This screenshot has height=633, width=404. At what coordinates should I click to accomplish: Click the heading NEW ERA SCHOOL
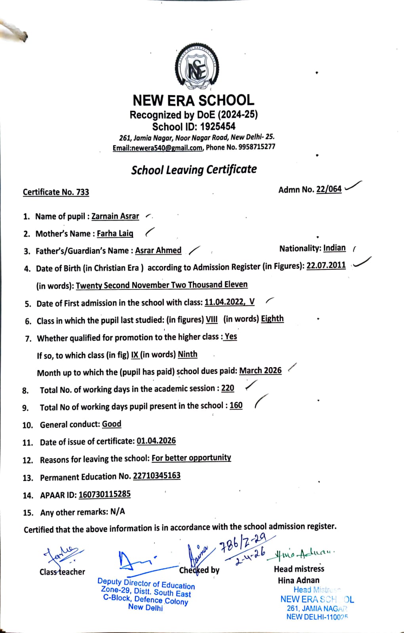pyautogui.click(x=193, y=100)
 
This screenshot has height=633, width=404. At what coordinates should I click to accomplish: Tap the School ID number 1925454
pyautogui.click(x=217, y=127)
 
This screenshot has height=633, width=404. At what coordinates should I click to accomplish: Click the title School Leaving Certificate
pyautogui.click(x=194, y=170)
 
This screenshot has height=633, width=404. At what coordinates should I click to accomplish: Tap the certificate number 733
pyautogui.click(x=83, y=192)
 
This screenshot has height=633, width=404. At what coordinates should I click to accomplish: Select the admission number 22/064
pyautogui.click(x=329, y=189)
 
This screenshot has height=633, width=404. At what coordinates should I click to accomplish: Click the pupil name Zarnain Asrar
pyautogui.click(x=115, y=216)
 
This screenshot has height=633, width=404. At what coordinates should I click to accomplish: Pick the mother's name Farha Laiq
pyautogui.click(x=115, y=233)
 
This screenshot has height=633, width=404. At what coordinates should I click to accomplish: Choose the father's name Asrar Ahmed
pyautogui.click(x=158, y=250)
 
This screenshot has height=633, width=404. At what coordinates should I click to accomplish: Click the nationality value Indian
pyautogui.click(x=334, y=248)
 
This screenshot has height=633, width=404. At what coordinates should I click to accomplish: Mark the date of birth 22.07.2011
pyautogui.click(x=326, y=265)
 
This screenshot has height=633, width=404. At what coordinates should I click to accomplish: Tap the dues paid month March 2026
pyautogui.click(x=260, y=371)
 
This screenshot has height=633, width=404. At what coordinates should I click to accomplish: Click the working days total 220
pyautogui.click(x=228, y=388)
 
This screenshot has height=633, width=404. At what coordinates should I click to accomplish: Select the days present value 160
pyautogui.click(x=236, y=406)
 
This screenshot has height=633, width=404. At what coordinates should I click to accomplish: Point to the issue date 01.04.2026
pyautogui.click(x=156, y=441)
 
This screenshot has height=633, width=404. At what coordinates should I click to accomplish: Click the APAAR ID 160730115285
pyautogui.click(x=105, y=495)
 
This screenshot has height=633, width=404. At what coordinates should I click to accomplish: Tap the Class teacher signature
pyautogui.click(x=63, y=556)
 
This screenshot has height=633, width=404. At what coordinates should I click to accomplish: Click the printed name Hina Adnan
pyautogui.click(x=298, y=580)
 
